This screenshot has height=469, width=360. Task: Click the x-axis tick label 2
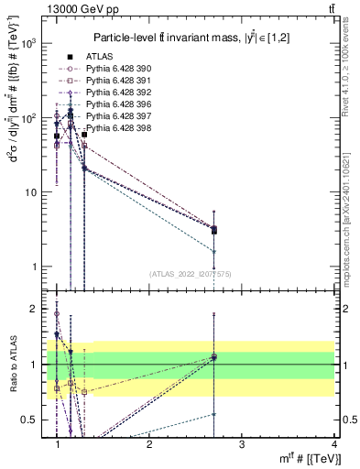pyautogui.click(x=149, y=444)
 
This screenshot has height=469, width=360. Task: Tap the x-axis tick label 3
pyautogui.click(x=242, y=444)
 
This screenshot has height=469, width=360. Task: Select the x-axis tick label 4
pyautogui.click(x=333, y=444)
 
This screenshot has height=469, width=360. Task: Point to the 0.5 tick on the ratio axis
pyautogui.click(x=32, y=420)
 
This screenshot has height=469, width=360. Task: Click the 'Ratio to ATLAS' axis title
pyautogui.click(x=12, y=365)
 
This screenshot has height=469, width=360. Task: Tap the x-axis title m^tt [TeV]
pyautogui.click(x=302, y=458)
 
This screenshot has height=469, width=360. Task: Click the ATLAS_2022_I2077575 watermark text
pyautogui.click(x=190, y=274)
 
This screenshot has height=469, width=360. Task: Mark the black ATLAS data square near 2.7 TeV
pyautogui.click(x=214, y=231)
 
